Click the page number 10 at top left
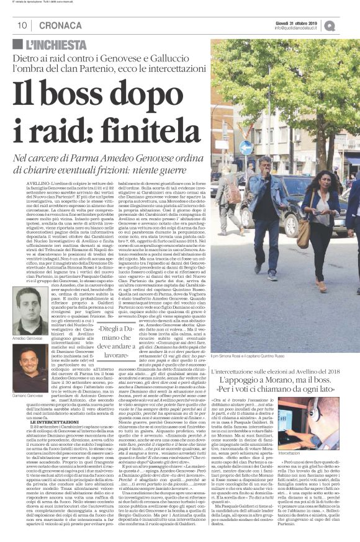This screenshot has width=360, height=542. (21, 25)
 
